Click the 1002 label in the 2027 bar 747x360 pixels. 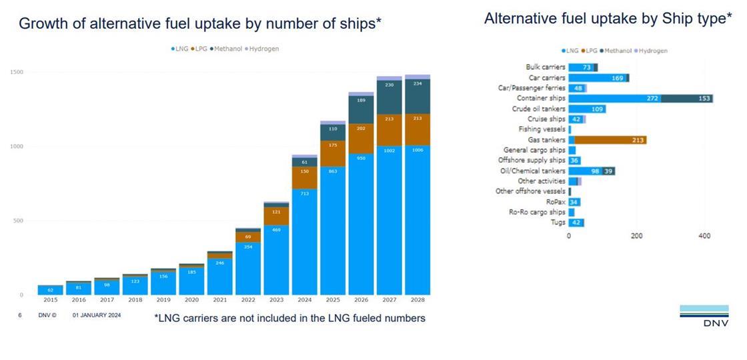[x=390, y=151]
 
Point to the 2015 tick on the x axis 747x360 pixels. [x=50, y=301]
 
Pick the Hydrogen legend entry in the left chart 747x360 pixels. [x=262, y=49]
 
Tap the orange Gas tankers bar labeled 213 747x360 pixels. [x=610, y=140]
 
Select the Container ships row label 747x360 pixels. [x=541, y=98]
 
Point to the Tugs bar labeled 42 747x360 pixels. [x=576, y=223]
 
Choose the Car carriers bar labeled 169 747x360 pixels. [x=598, y=78]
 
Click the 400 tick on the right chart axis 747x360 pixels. [x=704, y=236]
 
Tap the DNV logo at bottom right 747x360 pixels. [x=704, y=316]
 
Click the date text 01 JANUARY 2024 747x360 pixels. [x=97, y=315]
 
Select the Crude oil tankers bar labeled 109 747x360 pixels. [x=587, y=109]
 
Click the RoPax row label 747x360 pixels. [x=556, y=202]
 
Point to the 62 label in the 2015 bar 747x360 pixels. [x=50, y=290]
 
